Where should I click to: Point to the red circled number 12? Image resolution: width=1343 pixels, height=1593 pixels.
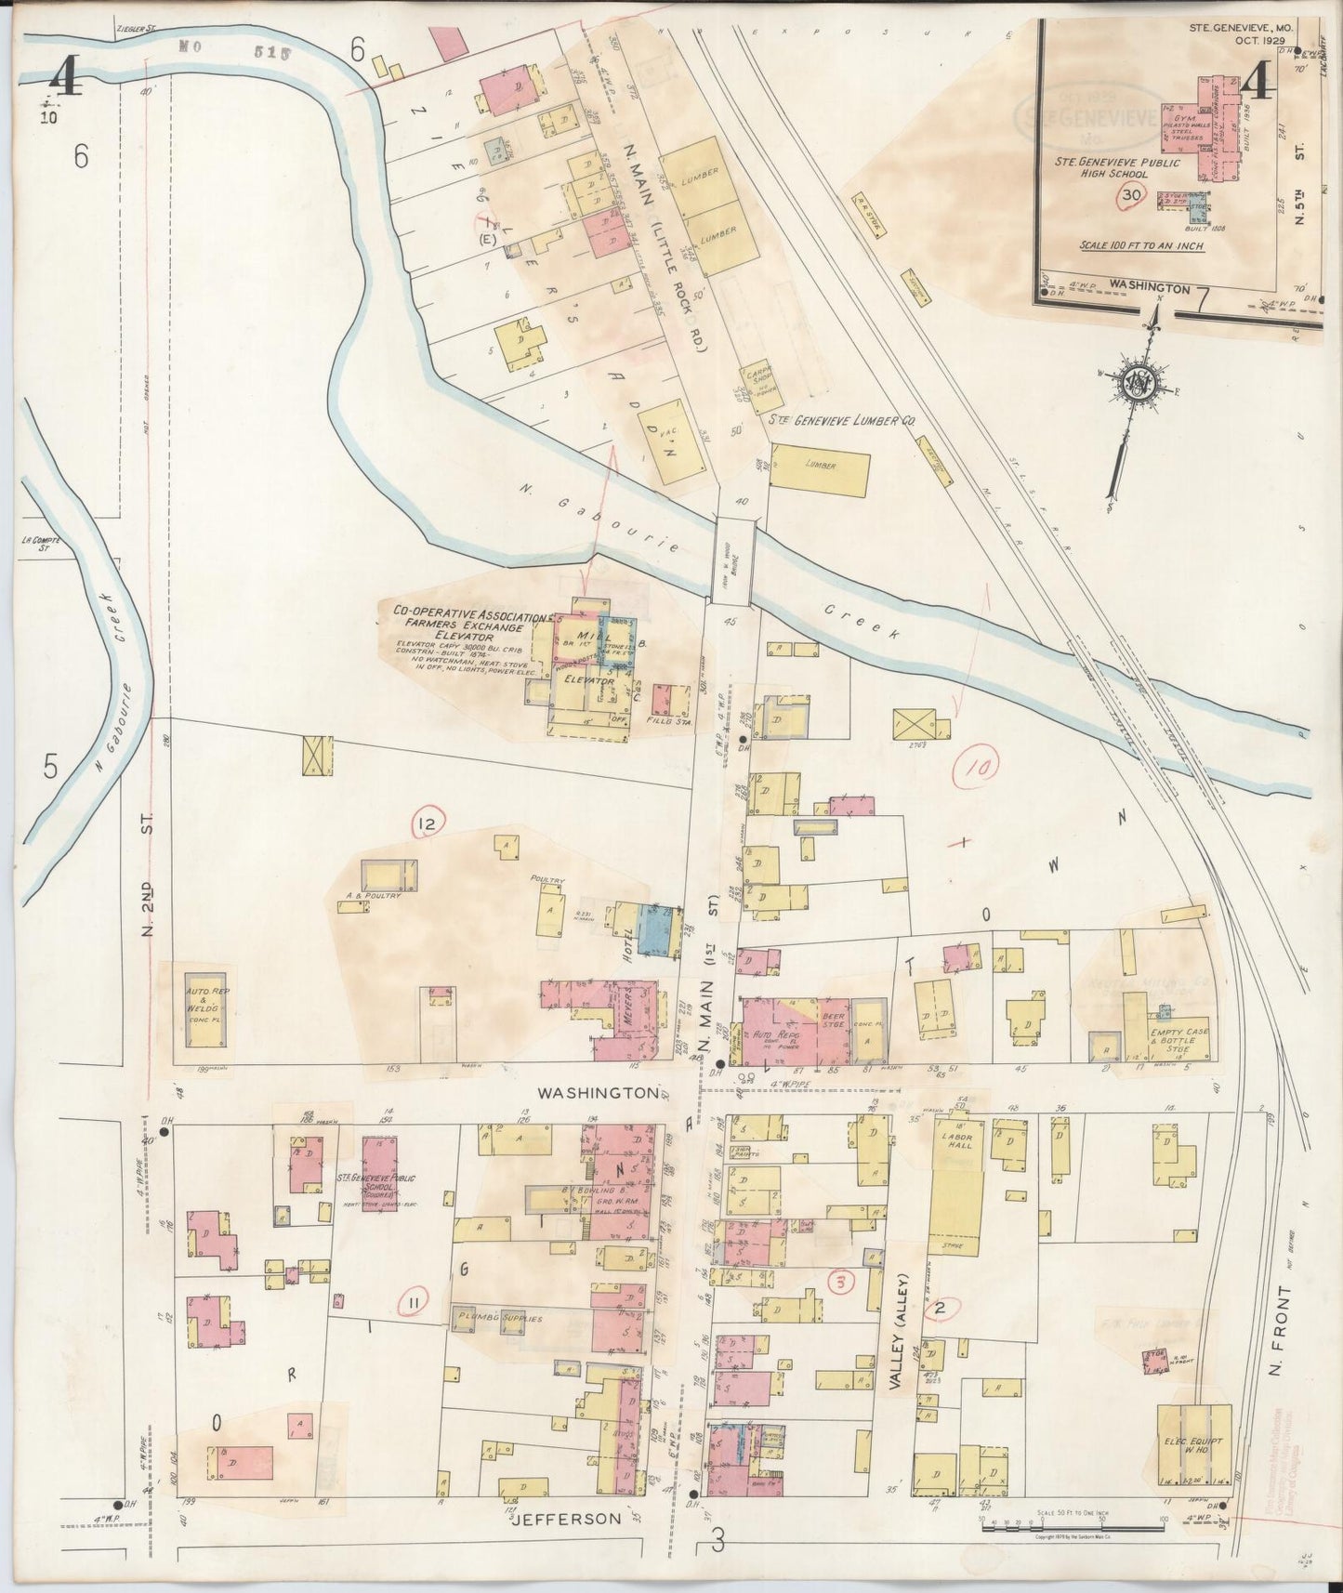point(429,823)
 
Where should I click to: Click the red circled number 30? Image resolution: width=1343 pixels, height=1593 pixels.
point(1130,195)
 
